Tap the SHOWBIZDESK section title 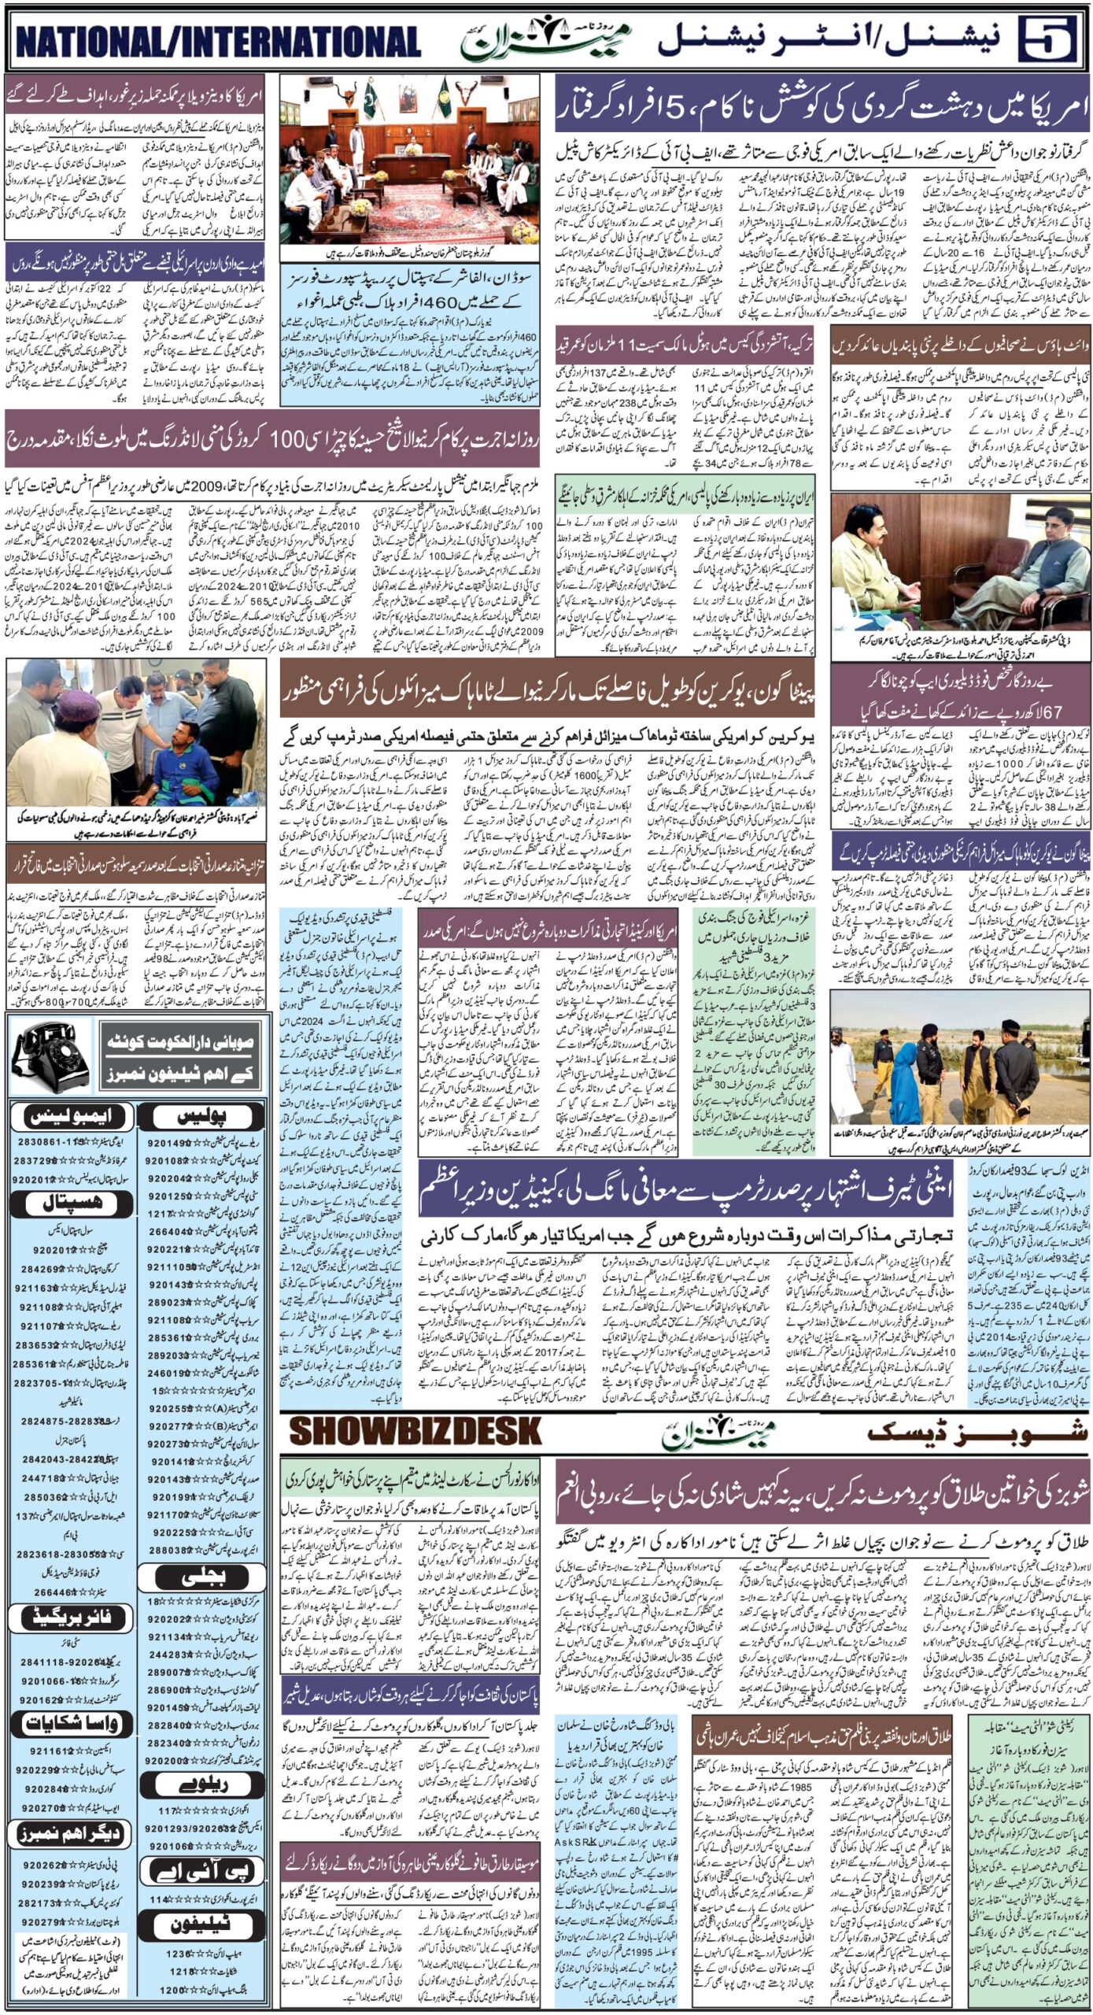click(415, 1430)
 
